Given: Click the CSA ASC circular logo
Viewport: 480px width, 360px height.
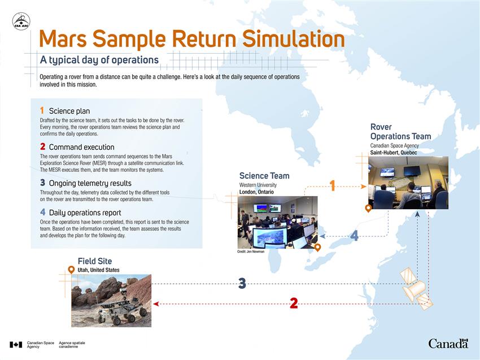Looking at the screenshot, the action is tap(21, 21).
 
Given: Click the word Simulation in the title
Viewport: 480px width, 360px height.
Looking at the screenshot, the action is tap(294, 39).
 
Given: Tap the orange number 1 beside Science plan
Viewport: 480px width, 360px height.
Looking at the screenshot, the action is tap(42, 110).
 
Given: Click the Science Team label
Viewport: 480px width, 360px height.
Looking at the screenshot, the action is tap(264, 176).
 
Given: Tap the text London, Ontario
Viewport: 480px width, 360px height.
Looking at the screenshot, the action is tap(256, 192).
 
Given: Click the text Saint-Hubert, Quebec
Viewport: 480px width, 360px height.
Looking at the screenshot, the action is tap(394, 153).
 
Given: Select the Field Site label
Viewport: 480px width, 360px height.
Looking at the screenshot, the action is tap(95, 261).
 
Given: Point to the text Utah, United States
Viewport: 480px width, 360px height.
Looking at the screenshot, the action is tap(98, 270).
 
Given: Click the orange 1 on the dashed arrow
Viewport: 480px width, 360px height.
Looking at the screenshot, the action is tap(332, 186).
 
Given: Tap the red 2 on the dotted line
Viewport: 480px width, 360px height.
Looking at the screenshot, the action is tap(294, 303).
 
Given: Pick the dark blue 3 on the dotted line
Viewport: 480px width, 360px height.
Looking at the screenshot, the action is tap(242, 283).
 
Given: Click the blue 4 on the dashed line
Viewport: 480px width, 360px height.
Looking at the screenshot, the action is tap(354, 236).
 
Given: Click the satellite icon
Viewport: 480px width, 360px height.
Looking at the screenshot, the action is tap(416, 288).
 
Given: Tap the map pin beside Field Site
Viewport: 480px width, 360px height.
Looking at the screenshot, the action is tap(71, 270).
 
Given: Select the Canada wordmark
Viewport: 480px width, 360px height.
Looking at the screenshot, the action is tap(448, 344).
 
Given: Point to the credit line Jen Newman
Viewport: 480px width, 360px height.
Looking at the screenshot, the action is tap(250, 251).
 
